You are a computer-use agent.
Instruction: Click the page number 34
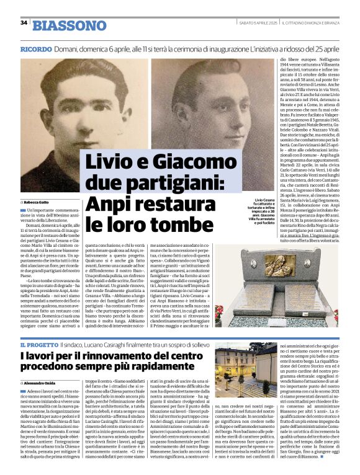(x=24, y=23)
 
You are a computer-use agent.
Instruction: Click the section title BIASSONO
(x=70, y=25)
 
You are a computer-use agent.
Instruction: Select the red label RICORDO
(x=35, y=48)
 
